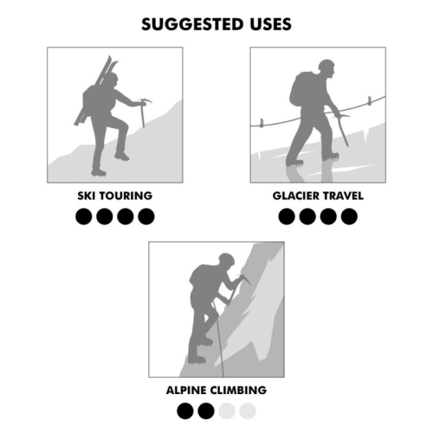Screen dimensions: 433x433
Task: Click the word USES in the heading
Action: point(267,24)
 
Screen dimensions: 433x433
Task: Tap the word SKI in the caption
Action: point(87,196)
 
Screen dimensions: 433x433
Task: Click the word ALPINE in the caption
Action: point(186,390)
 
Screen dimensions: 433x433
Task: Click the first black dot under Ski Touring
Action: point(84,216)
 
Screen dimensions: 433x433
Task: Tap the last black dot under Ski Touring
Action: point(145,216)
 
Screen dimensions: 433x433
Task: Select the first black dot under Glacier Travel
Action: point(287,216)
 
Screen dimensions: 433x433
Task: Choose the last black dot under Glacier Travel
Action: point(349,216)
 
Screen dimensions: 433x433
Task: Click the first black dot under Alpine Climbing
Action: point(185,410)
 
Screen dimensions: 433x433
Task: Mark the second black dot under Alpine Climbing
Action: point(206,410)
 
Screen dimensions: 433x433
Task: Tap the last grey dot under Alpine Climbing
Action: point(248,410)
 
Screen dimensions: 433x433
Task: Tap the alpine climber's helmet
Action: point(226,258)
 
